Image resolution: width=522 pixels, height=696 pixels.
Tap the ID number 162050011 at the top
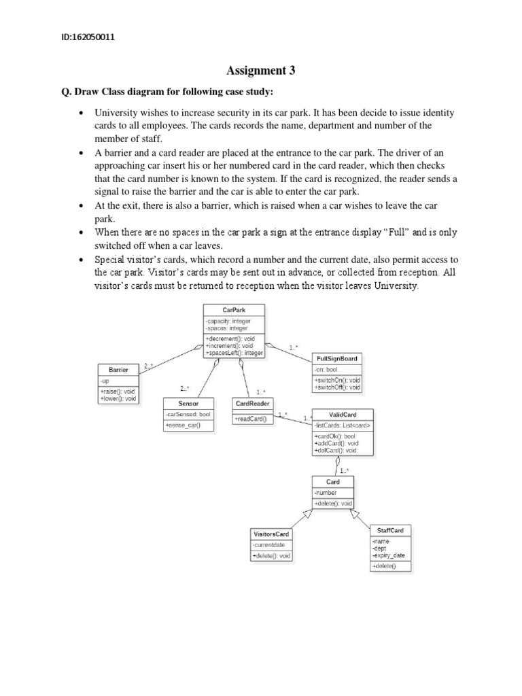pos(88,37)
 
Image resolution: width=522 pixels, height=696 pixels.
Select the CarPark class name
pos(234,309)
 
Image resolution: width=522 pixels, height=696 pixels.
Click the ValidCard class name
pos(342,414)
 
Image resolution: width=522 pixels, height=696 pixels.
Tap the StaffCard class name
pos(390,529)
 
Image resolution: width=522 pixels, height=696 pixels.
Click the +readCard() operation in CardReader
pos(251,419)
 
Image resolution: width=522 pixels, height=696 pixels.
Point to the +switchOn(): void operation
pos(337,379)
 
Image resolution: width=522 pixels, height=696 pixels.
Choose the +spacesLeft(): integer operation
pos(234,353)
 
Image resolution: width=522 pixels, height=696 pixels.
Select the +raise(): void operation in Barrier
pos(118,391)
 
